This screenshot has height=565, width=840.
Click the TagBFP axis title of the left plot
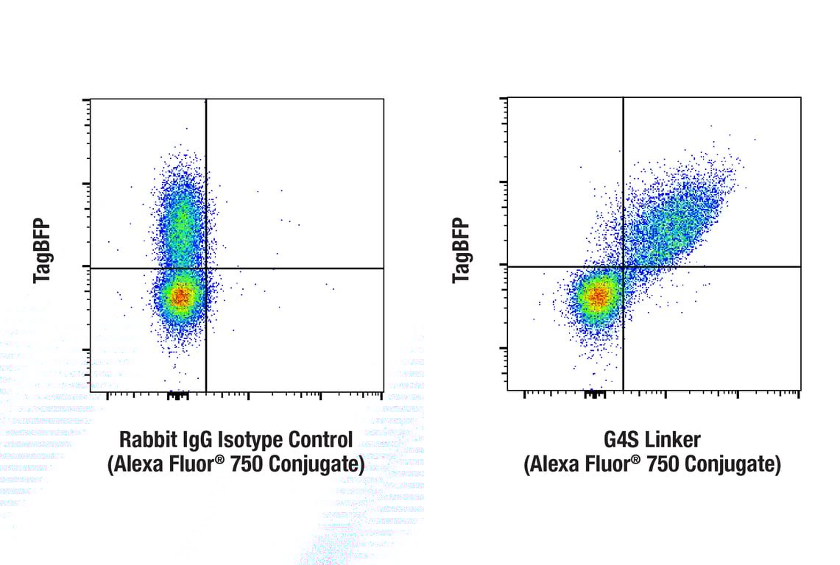(43, 251)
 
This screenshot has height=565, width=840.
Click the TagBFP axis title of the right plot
(461, 250)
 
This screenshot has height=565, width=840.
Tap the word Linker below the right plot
(674, 441)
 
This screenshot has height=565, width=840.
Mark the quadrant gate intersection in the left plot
(206, 269)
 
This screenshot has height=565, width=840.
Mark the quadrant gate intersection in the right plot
(624, 266)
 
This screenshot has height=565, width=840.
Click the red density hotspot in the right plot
(598, 296)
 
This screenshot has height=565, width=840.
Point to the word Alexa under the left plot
(137, 465)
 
